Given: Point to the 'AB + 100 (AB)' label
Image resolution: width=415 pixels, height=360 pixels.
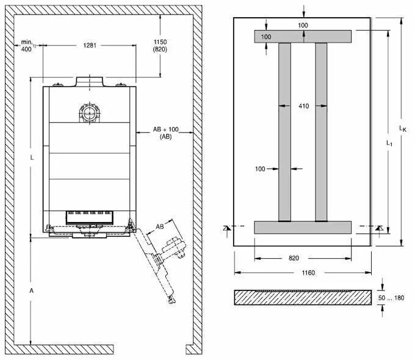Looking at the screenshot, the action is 165,132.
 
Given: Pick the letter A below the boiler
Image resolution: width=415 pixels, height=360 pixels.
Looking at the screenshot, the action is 32,292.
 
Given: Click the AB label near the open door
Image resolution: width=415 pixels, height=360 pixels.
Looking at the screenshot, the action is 160,226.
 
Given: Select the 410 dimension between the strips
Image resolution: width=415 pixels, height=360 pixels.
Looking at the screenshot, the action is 303,106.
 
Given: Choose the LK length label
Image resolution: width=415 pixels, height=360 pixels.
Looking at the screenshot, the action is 402,128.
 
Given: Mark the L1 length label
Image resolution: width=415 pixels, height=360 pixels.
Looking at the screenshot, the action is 389,142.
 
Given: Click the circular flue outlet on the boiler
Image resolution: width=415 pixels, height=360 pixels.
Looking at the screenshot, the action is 89,112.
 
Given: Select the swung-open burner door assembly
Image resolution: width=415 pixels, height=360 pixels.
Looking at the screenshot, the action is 160,259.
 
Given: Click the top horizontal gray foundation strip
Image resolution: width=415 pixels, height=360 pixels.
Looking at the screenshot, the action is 303,36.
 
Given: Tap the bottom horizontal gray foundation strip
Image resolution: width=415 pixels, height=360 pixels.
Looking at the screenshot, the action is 303,228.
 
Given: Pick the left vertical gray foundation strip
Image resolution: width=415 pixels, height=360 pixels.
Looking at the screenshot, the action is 284,131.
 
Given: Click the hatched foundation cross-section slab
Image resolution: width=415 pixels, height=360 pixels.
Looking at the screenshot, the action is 303,297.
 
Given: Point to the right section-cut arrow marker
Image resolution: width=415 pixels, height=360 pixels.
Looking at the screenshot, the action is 379,228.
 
